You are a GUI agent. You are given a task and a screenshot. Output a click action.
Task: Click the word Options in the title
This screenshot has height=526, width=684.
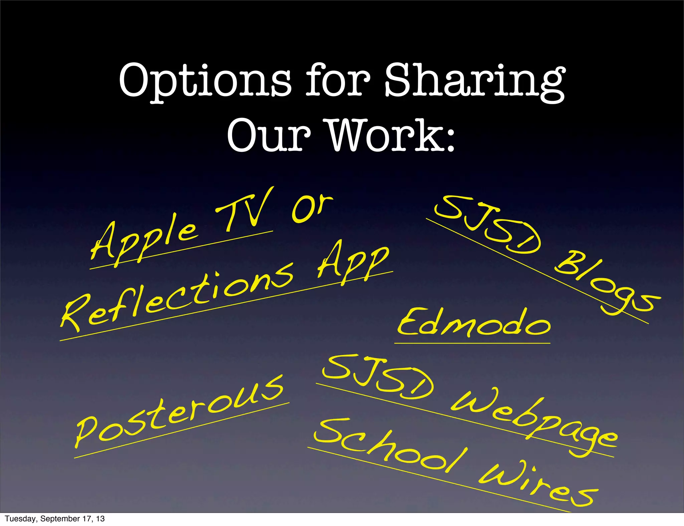(204, 80)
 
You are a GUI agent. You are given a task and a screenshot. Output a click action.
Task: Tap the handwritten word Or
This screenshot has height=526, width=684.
(311, 209)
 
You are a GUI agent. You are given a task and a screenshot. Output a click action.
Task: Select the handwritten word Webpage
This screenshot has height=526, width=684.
(534, 422)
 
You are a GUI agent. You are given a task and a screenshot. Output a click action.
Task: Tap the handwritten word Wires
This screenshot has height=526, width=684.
(538, 484)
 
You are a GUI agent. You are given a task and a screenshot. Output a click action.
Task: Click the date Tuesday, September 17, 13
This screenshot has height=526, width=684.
(55, 519)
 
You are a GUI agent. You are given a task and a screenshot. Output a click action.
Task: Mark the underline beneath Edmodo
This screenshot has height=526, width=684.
(472, 343)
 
